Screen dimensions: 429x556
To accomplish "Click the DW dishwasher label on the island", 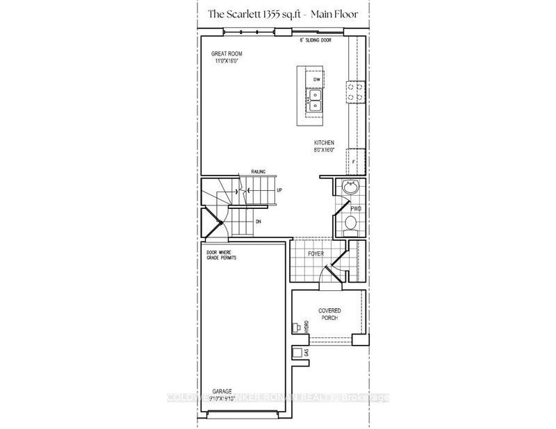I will tap(316, 80).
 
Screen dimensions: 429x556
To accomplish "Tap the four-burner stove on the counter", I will tap(356, 92).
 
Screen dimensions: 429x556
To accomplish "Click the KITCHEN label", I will tap(323, 142).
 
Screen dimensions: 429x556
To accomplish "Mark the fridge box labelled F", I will tap(354, 161).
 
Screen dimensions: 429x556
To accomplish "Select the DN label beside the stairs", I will tap(257, 221).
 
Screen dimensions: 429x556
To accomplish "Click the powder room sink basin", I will tap(350, 188).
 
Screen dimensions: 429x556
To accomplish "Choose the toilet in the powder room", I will tap(351, 222).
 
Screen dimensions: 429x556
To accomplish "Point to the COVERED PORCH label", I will tap(328, 314).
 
